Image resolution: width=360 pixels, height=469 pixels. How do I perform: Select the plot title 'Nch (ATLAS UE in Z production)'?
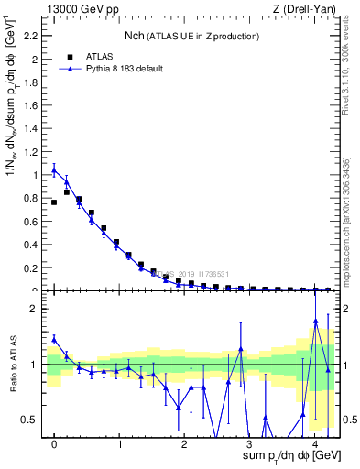pyautogui.click(x=191, y=36)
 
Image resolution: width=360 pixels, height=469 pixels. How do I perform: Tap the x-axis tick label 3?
pyautogui.click(x=249, y=444)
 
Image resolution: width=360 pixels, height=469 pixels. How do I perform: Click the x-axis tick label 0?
pyautogui.click(x=54, y=444)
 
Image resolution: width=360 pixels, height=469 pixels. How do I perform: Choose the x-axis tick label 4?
pyautogui.click(x=314, y=444)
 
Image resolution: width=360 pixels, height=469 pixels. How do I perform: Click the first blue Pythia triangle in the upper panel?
pyautogui.click(x=54, y=170)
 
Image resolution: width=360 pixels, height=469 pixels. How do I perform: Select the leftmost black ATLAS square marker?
pyautogui.click(x=54, y=202)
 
